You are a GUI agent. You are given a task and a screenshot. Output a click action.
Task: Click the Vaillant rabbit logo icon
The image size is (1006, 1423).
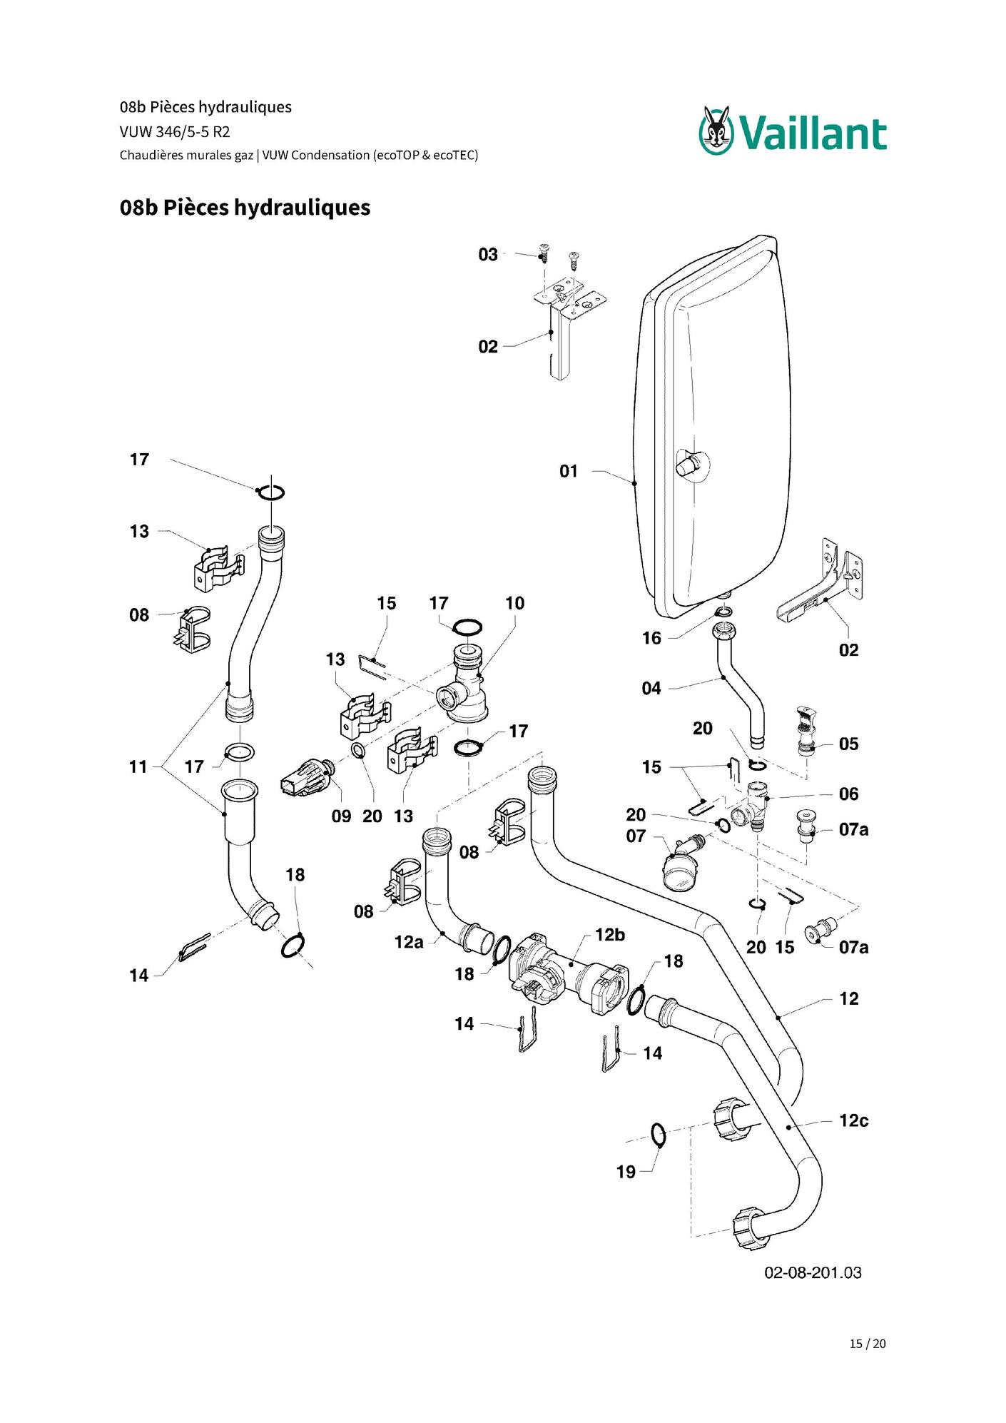[716, 130]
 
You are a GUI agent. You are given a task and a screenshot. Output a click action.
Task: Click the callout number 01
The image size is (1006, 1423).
[569, 471]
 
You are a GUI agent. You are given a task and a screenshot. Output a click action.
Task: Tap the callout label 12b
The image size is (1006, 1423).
[610, 935]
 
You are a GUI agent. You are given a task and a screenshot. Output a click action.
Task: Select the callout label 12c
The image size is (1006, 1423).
[854, 1120]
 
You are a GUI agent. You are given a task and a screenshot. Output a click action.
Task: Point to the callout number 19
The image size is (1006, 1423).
[626, 1172]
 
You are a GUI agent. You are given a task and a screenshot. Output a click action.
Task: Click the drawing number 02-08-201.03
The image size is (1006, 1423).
[813, 1272]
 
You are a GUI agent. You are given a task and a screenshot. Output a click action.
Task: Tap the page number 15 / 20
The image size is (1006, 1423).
[868, 1344]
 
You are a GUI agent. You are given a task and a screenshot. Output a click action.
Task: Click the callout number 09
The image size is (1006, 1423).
[341, 816]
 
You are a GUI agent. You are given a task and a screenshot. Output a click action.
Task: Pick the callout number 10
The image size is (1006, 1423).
[514, 604]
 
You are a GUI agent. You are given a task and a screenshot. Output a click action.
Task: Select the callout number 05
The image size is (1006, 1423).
[849, 744]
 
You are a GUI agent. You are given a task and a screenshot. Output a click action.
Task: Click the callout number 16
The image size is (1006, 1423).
[651, 638]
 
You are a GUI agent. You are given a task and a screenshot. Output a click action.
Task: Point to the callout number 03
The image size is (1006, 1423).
[488, 255]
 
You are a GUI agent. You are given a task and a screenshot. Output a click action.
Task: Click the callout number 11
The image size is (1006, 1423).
[138, 767]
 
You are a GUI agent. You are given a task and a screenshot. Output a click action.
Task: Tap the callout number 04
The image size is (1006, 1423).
[651, 689]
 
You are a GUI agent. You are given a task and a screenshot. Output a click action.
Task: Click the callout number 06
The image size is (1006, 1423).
[849, 794]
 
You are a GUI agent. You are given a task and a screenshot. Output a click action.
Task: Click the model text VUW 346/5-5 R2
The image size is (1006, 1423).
[175, 132]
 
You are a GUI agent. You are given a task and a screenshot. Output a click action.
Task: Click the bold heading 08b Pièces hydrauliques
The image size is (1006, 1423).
[245, 208]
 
